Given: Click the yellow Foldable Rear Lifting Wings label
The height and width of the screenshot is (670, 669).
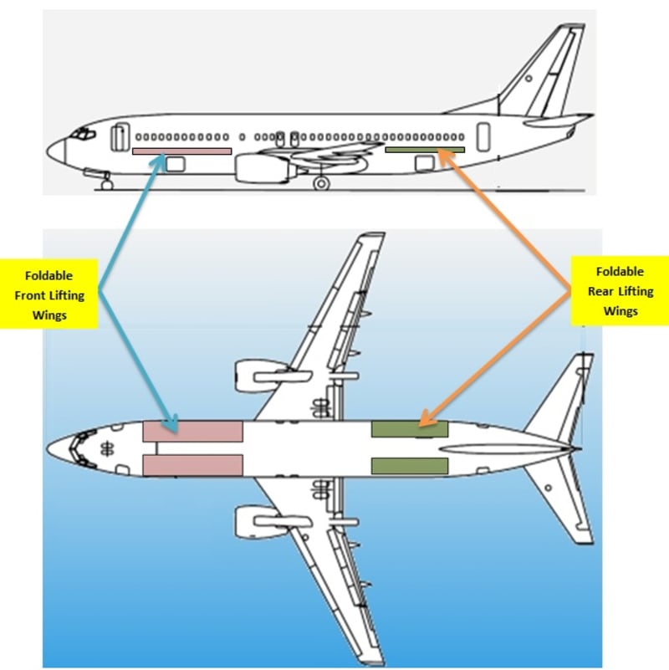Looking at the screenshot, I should coord(618,291).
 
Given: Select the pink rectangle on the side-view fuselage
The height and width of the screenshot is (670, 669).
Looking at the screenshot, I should coord(181,151).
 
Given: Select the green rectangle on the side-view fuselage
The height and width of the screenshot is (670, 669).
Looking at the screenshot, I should coord(425,150).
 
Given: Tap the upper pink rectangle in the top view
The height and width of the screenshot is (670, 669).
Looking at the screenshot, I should coord(192,432).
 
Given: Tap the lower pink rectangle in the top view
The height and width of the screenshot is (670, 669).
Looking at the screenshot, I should coord(192,465).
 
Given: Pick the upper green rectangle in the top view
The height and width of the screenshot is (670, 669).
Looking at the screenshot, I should coord(409,429).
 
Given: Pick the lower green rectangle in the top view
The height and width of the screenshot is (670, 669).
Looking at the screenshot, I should coord(409,466).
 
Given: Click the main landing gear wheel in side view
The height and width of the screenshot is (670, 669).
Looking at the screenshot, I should coord(321,183).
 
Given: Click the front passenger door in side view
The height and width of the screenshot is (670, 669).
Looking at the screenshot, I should coord(120,137).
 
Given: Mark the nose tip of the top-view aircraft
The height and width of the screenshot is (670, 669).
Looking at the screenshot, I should coord(49,448).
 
